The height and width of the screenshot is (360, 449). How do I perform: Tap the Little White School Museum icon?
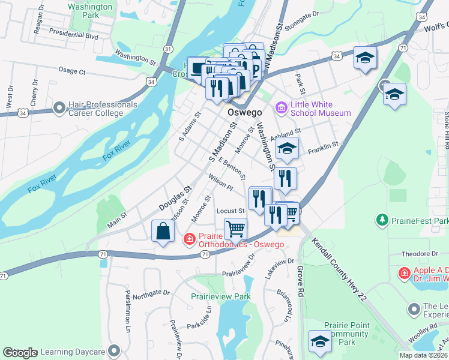[281, 108]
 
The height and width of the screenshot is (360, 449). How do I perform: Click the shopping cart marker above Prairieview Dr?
[236, 229]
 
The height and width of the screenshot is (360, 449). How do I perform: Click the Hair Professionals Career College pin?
[59, 109]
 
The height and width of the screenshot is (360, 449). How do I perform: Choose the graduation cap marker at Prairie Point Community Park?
[320, 342]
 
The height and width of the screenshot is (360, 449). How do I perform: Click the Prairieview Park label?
[220, 296]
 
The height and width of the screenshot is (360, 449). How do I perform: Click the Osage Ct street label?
[73, 71]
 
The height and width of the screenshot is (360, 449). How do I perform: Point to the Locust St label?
[231, 211]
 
